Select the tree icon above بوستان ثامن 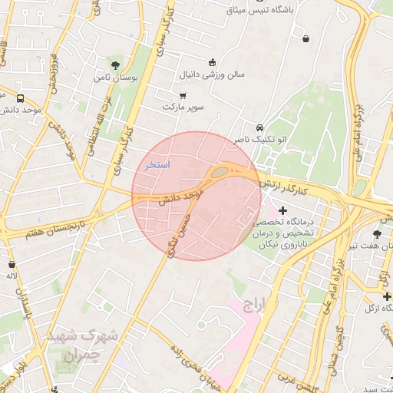pyautogui.click(x=115, y=65)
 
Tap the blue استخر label pyautogui.click(x=157, y=165)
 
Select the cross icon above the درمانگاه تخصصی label pyautogui.click(x=283, y=210)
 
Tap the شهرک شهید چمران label pyautogui.click(x=81, y=346)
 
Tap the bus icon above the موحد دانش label pyautogui.click(x=20, y=97)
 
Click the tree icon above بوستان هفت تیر pyautogui.click(x=377, y=233)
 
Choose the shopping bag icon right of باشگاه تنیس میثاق pyautogui.click(x=306, y=38)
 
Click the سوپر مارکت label pyautogui.click(x=183, y=107)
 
